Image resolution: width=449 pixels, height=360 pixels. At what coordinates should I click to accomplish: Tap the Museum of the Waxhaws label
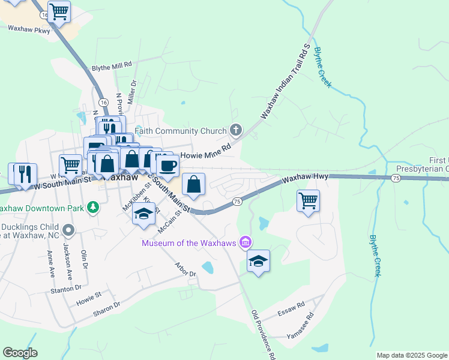pyautogui.click(x=190, y=242)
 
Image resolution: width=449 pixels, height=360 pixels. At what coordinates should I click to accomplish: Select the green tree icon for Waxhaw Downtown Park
pyautogui.click(x=92, y=208)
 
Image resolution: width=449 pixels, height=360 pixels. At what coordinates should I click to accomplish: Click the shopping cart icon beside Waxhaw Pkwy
pyautogui.click(x=59, y=11)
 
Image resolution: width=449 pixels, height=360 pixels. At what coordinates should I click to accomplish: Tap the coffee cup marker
pyautogui.click(x=167, y=165)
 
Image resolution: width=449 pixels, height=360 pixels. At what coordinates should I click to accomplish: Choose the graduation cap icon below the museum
pyautogui.click(x=258, y=260)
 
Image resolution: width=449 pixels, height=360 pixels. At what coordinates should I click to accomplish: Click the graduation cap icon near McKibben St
pyautogui.click(x=143, y=215)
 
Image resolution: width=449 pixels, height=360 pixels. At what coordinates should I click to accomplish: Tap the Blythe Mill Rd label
pyautogui.click(x=111, y=67)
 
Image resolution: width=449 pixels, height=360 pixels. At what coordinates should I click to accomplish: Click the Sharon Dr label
pyautogui.click(x=107, y=308)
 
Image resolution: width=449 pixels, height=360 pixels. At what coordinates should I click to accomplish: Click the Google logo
pyautogui.click(x=20, y=353)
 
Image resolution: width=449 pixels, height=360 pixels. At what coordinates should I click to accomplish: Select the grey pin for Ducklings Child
pyautogui.click(x=68, y=230)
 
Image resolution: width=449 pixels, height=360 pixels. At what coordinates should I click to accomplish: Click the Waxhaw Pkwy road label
pyautogui.click(x=28, y=28)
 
